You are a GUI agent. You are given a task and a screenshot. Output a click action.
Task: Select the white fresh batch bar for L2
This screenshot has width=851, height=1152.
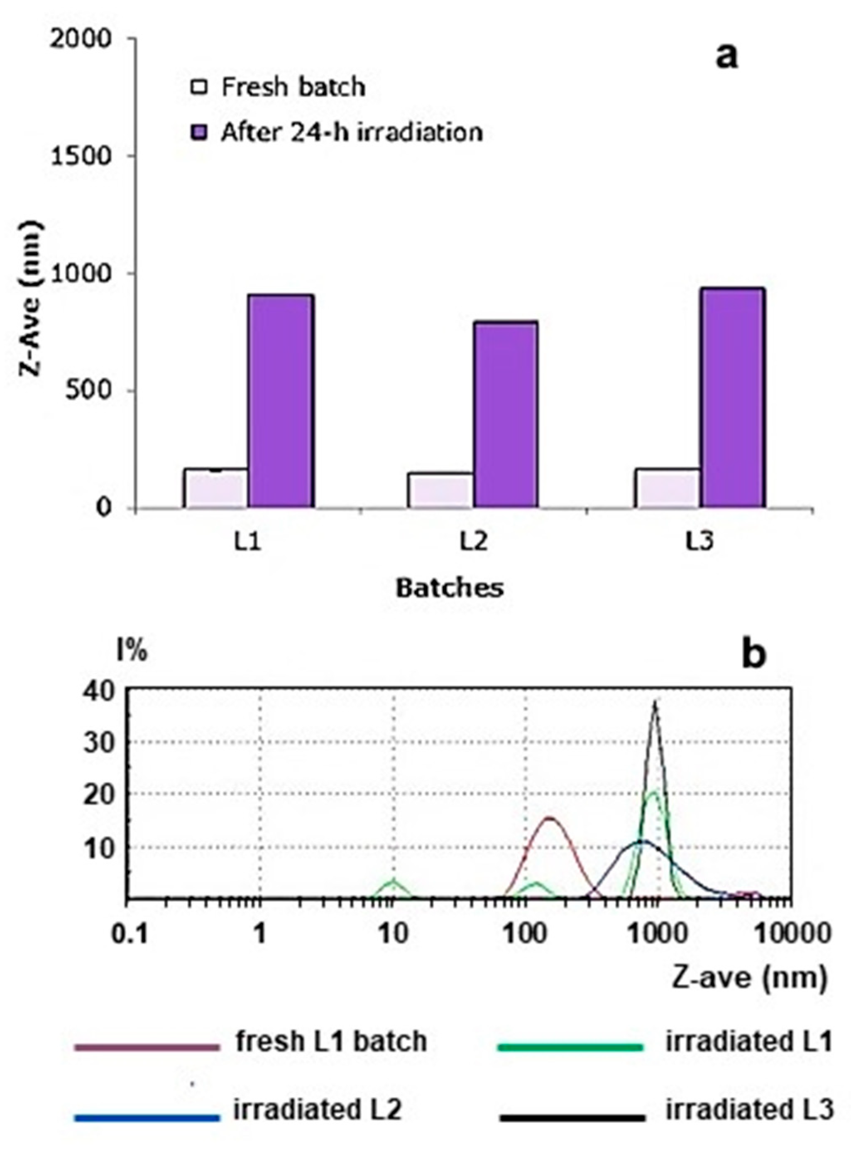[x=441, y=490]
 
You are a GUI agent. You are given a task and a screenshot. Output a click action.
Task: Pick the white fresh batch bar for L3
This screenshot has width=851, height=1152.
[x=667, y=488]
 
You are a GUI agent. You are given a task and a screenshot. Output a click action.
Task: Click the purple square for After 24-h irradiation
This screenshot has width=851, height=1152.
[x=199, y=132]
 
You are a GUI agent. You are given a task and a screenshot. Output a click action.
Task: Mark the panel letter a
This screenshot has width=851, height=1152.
[x=726, y=56]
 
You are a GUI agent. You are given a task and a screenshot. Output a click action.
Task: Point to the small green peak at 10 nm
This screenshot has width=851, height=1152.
[x=394, y=882]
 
